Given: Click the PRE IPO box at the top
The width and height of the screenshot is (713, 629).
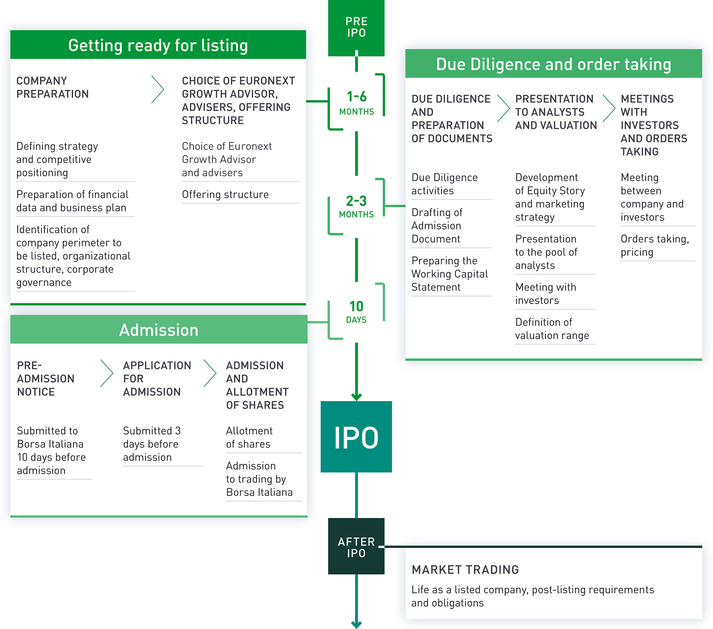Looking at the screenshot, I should pos(356,27).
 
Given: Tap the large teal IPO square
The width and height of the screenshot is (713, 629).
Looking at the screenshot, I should pos(356,437).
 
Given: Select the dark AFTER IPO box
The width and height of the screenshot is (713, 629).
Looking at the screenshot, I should pos(356,546).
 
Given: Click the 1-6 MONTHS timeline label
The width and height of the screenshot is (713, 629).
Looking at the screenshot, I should pos(356,102).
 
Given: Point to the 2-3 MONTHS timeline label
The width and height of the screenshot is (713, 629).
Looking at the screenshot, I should pos(356,206).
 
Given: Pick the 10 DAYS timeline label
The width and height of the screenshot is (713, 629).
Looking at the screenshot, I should pos(356,311).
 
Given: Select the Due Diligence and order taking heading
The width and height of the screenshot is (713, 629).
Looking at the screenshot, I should pos(554,64).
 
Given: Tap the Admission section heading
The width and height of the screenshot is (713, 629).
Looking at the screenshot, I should pos(159,330).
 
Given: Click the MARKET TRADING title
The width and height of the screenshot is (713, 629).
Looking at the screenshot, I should pos(465,569).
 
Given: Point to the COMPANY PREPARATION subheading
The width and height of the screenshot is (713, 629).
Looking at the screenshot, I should pos(52,87).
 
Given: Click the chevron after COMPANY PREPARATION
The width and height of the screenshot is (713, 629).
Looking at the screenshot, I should pos(158,90).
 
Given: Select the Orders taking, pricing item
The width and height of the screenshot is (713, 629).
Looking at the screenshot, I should pos(655,245).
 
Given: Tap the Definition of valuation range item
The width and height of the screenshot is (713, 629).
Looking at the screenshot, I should pos(552,329).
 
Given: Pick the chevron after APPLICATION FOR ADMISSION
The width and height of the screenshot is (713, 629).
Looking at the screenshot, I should pos(210,373).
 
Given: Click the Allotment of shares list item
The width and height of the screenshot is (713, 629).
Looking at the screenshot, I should pos(249,437).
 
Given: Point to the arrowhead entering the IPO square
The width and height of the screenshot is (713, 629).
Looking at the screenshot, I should pos(356,397).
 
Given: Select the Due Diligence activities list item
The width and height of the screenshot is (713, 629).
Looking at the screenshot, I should pos(445,184).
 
